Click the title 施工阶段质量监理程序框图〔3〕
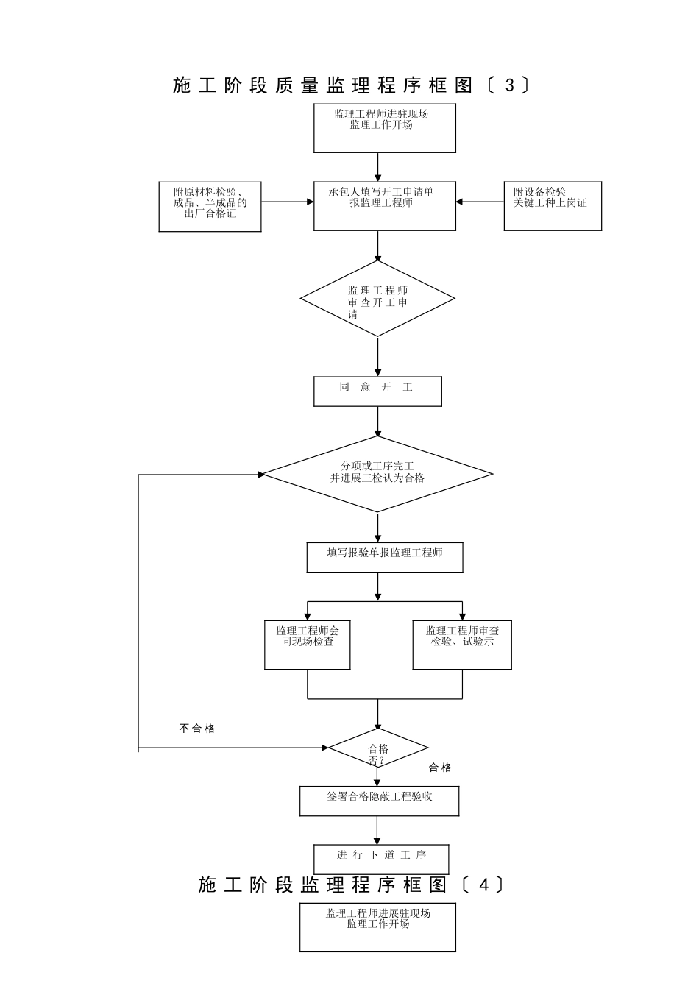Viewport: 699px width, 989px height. pyautogui.click(x=351, y=86)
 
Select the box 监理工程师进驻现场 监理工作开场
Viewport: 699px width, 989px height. pyautogui.click(x=385, y=128)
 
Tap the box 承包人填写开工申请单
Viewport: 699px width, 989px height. pyautogui.click(x=385, y=205)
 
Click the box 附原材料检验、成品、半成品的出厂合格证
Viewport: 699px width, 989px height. pyautogui.click(x=210, y=207)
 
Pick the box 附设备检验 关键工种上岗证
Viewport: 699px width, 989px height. pyautogui.click(x=553, y=206)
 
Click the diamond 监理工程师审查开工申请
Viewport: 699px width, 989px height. pyautogui.click(x=377, y=299)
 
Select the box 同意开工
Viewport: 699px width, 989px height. pyautogui.click(x=377, y=391)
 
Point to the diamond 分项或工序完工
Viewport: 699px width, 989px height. pyautogui.click(x=377, y=473)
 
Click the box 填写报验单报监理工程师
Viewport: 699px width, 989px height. pyautogui.click(x=385, y=557)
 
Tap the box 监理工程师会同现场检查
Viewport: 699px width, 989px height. pyautogui.click(x=308, y=645)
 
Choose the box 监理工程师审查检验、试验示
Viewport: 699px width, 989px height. pyautogui.click(x=462, y=645)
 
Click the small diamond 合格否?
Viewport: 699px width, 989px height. pyautogui.click(x=378, y=748)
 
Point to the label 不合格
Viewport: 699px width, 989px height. pyautogui.click(x=197, y=729)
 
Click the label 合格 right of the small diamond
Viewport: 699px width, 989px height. pyautogui.click(x=440, y=768)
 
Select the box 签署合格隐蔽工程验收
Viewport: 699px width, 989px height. pyautogui.click(x=379, y=801)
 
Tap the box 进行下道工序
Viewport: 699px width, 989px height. pyautogui.click(x=381, y=859)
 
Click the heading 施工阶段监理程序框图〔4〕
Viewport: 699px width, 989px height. pyautogui.click(x=351, y=885)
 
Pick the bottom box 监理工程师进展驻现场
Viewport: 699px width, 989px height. pyautogui.click(x=377, y=926)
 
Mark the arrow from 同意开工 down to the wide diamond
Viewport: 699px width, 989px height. pyautogui.click(x=378, y=422)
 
